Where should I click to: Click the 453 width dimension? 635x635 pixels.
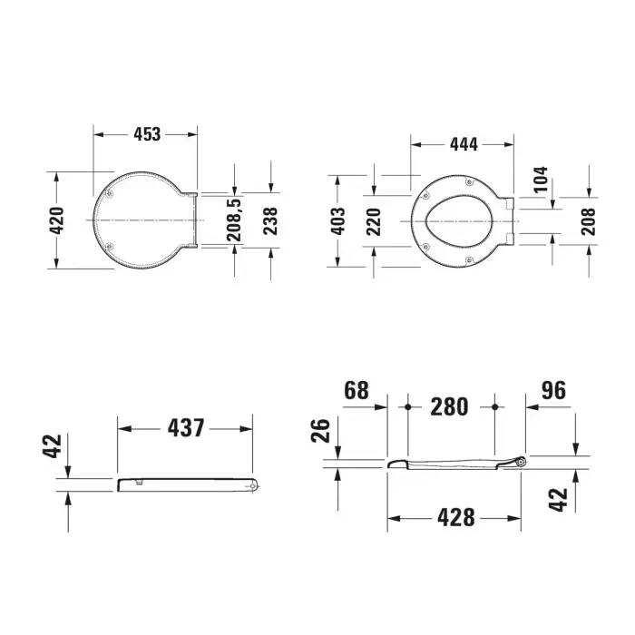[x=147, y=134]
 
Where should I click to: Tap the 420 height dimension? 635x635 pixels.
[x=57, y=220]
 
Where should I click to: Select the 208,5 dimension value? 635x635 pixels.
[x=234, y=220]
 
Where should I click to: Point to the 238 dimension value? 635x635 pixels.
[x=270, y=221]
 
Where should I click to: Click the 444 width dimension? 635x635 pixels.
[x=464, y=144]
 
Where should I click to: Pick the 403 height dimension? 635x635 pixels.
[x=337, y=221]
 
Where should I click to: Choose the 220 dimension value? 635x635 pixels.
[x=374, y=222]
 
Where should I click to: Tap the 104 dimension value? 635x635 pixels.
[x=541, y=179]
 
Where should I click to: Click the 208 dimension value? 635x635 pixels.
[x=589, y=222]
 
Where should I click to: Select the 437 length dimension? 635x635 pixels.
[x=186, y=428]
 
